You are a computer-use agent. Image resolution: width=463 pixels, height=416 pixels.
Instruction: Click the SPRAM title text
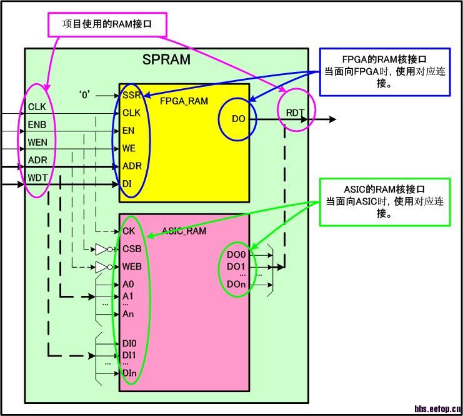(x=166, y=60)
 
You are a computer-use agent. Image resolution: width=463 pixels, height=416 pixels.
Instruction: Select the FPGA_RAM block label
(x=184, y=101)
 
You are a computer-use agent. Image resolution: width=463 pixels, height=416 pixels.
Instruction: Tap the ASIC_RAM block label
(x=183, y=231)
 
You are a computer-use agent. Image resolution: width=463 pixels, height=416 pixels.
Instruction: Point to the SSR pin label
(x=131, y=95)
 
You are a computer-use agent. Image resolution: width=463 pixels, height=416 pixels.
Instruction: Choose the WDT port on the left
(x=37, y=178)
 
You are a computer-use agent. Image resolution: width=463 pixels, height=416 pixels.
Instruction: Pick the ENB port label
(x=37, y=125)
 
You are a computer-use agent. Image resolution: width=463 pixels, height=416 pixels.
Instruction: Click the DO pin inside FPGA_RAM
(x=239, y=119)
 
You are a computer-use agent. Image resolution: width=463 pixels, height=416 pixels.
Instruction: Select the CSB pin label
(x=132, y=249)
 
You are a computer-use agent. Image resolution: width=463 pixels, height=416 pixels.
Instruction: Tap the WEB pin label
(x=132, y=266)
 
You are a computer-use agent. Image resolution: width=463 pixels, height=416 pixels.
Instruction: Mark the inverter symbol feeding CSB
(x=102, y=250)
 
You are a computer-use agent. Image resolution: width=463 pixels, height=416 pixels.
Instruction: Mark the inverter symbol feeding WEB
(x=102, y=267)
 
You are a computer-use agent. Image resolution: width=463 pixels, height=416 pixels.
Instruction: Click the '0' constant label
(x=84, y=95)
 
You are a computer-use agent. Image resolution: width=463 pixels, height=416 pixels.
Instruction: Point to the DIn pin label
(x=130, y=373)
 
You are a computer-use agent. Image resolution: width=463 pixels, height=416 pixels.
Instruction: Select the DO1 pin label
(x=236, y=267)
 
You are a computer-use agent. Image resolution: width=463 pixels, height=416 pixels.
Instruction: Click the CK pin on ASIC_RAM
(x=129, y=231)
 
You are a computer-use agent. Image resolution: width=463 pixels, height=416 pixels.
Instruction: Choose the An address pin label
(x=128, y=313)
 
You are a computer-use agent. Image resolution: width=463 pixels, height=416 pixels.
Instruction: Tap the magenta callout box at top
(x=109, y=24)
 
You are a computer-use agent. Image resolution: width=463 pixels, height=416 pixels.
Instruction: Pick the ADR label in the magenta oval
(x=37, y=161)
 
